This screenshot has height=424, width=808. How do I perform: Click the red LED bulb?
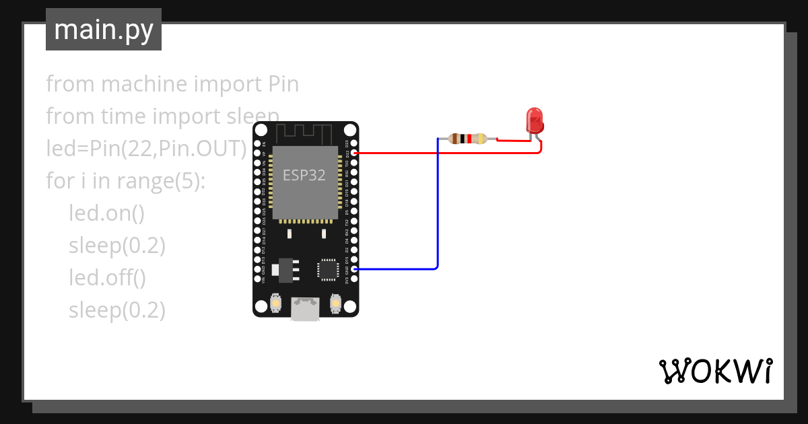click(535, 120)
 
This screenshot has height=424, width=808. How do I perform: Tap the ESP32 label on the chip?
click(304, 176)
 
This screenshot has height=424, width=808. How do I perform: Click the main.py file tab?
click(104, 30)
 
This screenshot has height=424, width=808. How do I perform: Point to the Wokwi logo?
click(714, 371)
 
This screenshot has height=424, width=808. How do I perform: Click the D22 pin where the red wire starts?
click(354, 153)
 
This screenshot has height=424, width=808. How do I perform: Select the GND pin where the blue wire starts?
click(354, 269)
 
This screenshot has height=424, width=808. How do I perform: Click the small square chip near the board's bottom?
click(328, 269)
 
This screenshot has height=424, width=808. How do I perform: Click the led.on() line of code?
click(106, 213)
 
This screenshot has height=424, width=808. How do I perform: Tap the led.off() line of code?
click(107, 277)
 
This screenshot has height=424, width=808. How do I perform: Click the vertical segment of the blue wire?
click(438, 202)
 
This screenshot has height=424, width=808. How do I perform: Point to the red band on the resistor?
click(469, 139)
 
